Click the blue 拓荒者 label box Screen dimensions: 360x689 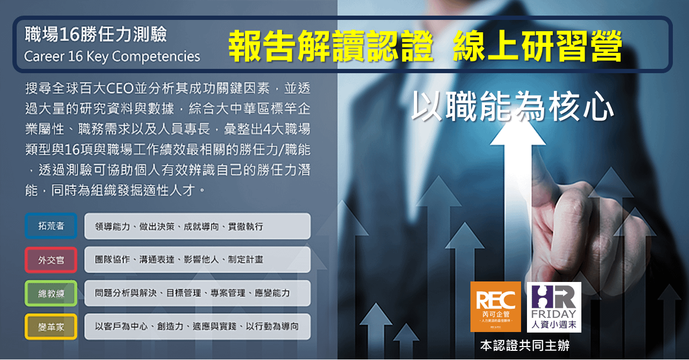point(51,226)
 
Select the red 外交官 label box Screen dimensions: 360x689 point(51,260)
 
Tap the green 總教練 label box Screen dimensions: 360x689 point(51,293)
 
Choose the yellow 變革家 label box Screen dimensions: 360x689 point(51,327)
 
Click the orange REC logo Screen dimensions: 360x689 point(495,307)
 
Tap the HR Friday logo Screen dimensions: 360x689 point(554,307)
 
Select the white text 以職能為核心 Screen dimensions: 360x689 point(512,105)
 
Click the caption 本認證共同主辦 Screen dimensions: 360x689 point(524,345)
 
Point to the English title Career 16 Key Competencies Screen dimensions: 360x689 point(112,57)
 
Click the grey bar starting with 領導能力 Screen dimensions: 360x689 point(197,226)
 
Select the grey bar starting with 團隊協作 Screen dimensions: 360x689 point(197,260)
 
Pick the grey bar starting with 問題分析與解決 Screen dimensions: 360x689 point(197,293)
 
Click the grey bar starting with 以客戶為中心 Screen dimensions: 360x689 point(197,327)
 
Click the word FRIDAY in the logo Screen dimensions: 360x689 point(554,314)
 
